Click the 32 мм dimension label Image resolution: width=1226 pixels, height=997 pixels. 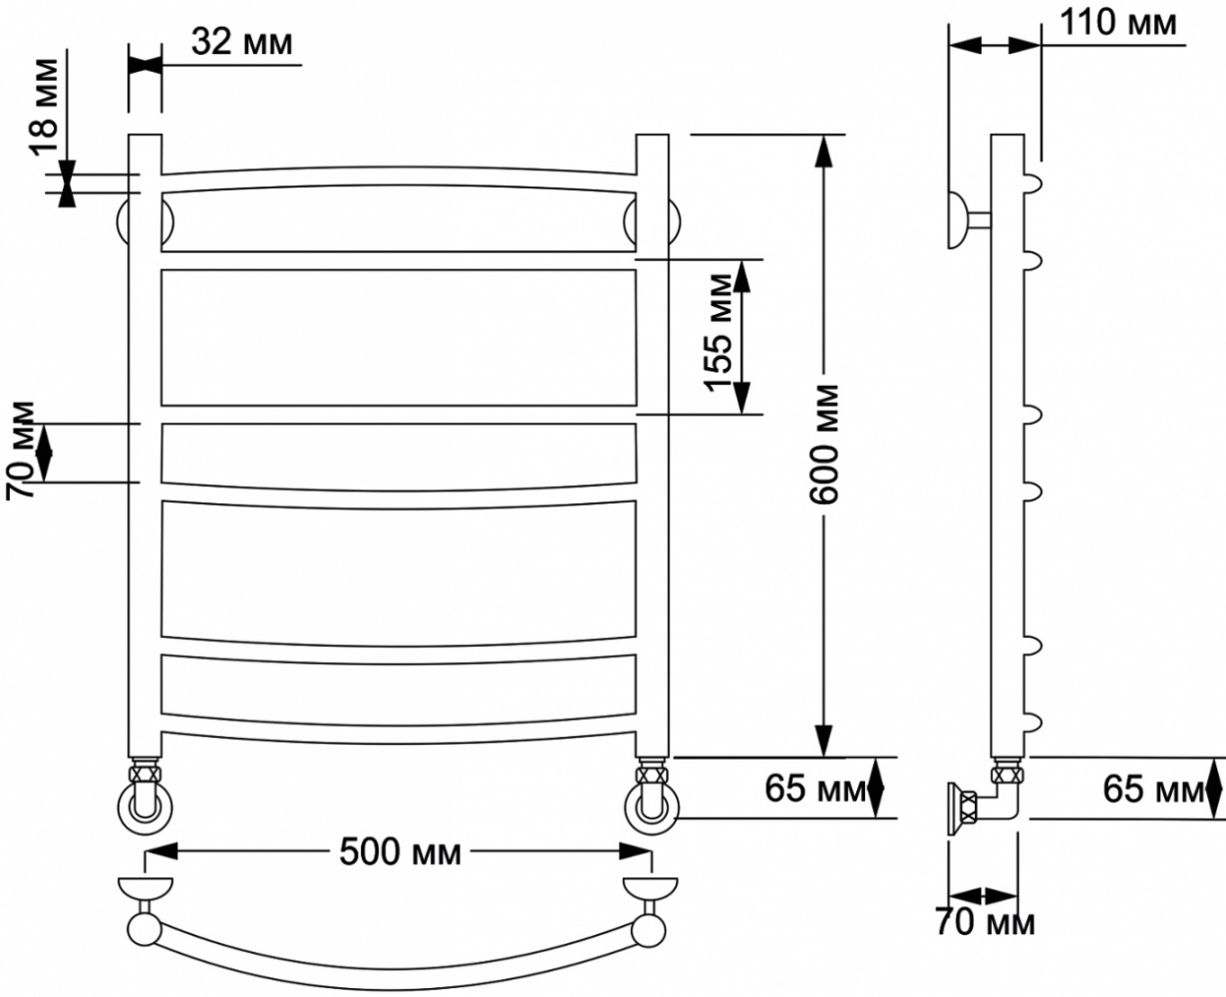point(242,42)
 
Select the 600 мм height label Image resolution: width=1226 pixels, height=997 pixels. point(823,445)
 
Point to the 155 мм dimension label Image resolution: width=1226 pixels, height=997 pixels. point(719,333)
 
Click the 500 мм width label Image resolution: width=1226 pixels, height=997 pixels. point(400,852)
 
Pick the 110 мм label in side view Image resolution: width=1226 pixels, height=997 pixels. point(1117,23)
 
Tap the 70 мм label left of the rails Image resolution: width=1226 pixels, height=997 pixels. point(20,451)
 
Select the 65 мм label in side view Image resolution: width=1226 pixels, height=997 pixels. point(1153,790)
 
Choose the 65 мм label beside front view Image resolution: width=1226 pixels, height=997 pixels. point(815,789)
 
